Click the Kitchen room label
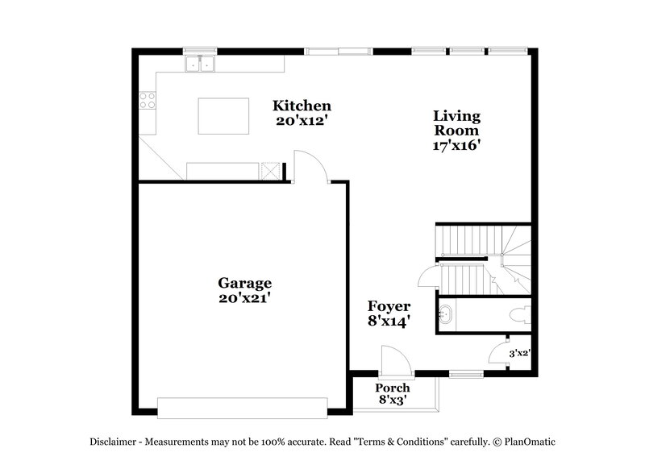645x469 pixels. pyautogui.click(x=302, y=106)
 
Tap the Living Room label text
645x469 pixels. pyautogui.click(x=456, y=122)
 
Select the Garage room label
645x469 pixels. pyautogui.click(x=244, y=283)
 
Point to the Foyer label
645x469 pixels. pyautogui.click(x=389, y=306)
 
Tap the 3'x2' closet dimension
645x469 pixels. pyautogui.click(x=519, y=352)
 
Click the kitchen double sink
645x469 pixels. pyautogui.click(x=199, y=63)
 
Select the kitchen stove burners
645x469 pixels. pyautogui.click(x=148, y=100)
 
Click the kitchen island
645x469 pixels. pyautogui.click(x=224, y=115)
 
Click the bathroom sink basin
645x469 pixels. pyautogui.click(x=447, y=314)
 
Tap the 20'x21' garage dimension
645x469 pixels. pyautogui.click(x=244, y=297)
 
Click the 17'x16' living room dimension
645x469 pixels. pyautogui.click(x=456, y=146)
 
